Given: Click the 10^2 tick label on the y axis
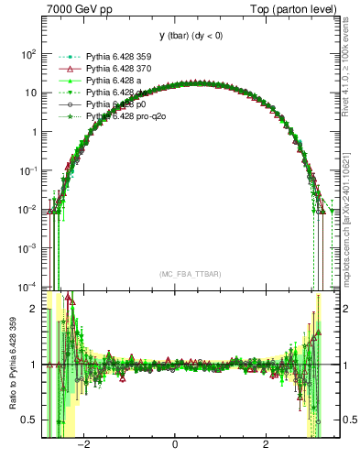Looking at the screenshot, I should pyautogui.click(x=27, y=54).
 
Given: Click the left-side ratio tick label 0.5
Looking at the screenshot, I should pyautogui.click(x=30, y=420).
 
